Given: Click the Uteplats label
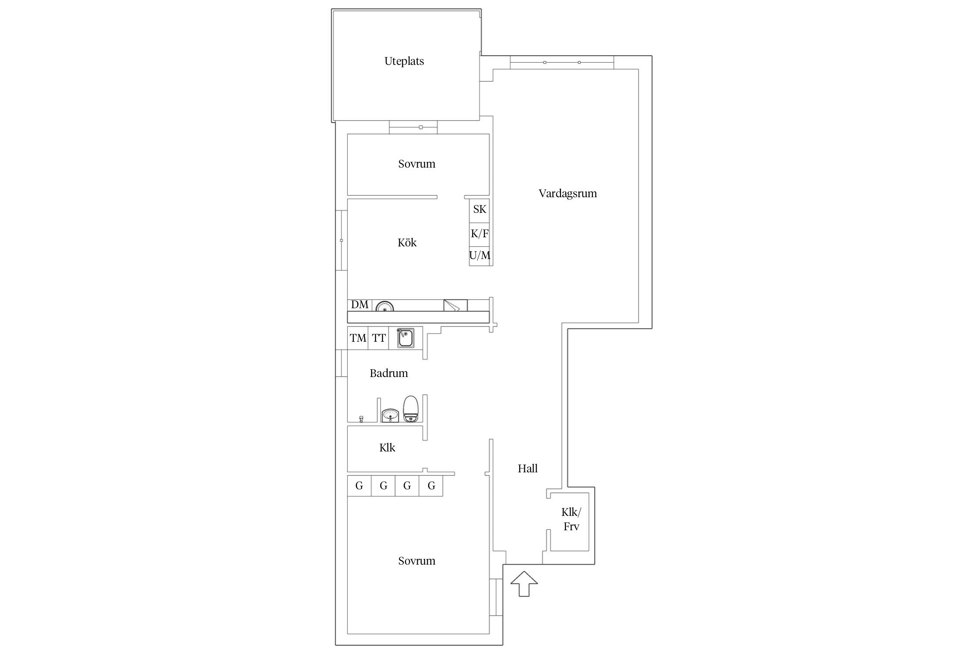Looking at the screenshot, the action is (x=404, y=61).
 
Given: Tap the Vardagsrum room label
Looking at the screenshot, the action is (x=568, y=194).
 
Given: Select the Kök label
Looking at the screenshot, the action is (x=407, y=242).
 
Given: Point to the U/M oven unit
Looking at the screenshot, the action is (x=480, y=256).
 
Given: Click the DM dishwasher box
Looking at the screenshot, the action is (x=359, y=305).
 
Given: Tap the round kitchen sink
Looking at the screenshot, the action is (x=385, y=306).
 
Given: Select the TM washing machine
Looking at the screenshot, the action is (x=358, y=338).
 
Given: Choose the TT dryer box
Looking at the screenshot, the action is (x=378, y=338).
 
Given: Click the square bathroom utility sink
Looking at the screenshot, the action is (x=405, y=338).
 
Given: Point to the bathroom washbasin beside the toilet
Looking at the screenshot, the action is (x=390, y=415).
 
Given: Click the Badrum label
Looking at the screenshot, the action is (x=389, y=373).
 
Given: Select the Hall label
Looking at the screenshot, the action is (x=527, y=468).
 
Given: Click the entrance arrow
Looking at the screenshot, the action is (x=524, y=583).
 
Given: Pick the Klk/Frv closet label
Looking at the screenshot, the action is (x=571, y=519).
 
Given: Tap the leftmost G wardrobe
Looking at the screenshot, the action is (x=359, y=486).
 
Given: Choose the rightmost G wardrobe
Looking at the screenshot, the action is (x=431, y=486).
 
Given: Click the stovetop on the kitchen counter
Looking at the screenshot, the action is (x=455, y=306).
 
